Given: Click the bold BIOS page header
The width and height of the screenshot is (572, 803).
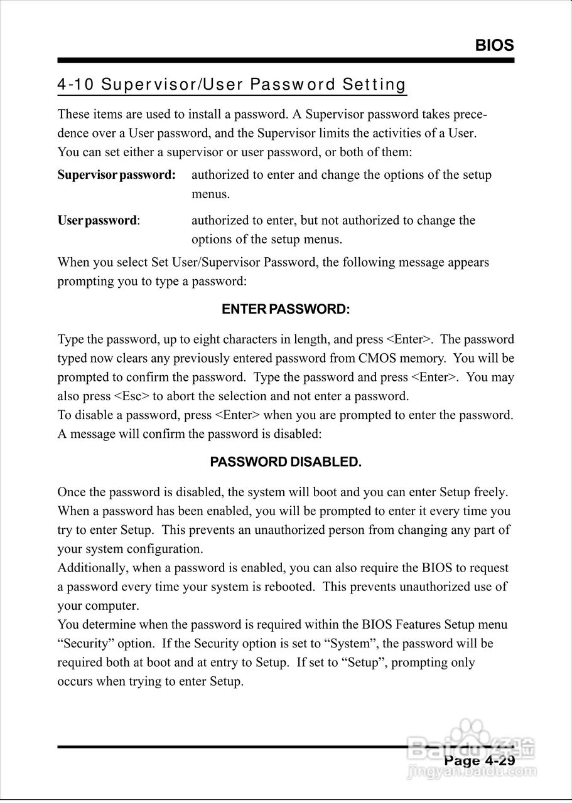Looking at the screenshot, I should point(494,45).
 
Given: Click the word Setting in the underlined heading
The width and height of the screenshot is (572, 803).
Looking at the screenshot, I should point(374,85).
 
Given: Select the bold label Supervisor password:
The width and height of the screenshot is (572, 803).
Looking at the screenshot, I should point(116,175).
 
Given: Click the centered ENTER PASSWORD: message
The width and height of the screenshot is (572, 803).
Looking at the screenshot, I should point(286,309).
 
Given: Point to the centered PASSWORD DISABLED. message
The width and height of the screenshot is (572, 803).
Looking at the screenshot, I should point(286,462).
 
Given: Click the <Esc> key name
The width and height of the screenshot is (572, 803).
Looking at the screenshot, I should point(131,396).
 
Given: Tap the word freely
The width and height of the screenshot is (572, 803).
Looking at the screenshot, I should point(490,492).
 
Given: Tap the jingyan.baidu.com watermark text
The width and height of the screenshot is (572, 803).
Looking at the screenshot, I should point(472,771).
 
